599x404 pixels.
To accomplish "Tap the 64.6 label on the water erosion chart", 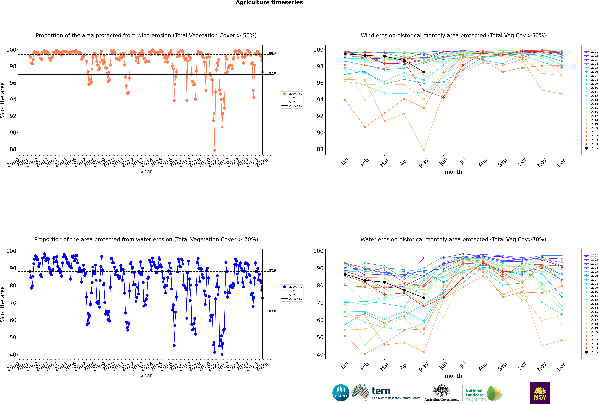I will [x=272, y=311].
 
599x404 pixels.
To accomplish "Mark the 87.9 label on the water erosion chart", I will [x=272, y=271].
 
